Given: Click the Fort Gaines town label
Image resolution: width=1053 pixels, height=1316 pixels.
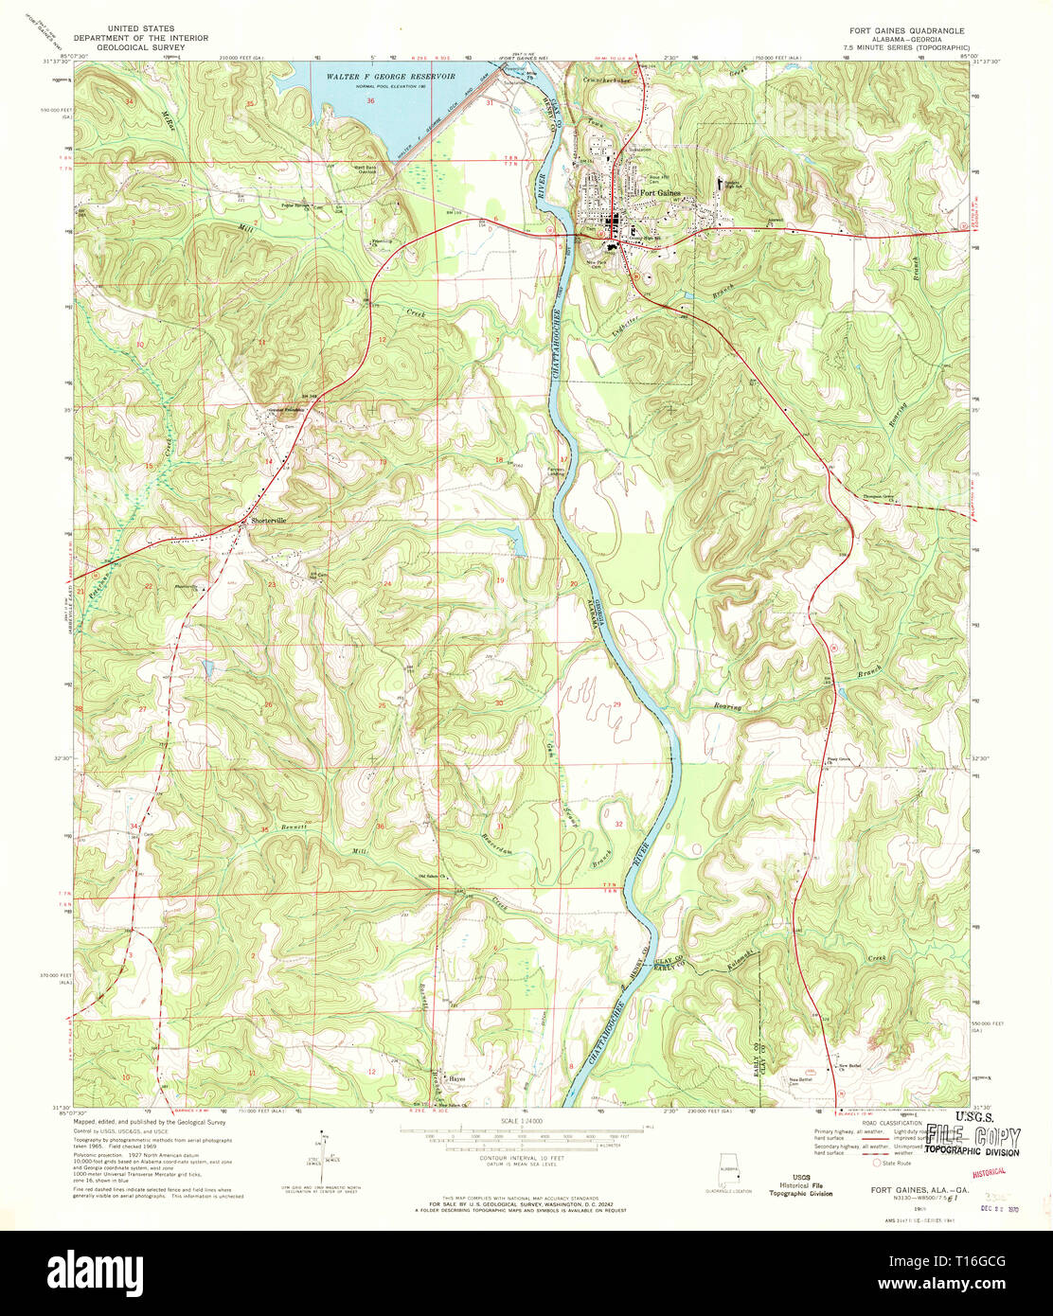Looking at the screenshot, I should [661, 194].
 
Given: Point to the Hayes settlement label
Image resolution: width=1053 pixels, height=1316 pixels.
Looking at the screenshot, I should [458, 1078].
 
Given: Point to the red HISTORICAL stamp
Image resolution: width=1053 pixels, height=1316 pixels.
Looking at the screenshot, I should [994, 1170].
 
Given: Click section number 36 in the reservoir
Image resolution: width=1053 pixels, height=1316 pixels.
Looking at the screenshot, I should [370, 100].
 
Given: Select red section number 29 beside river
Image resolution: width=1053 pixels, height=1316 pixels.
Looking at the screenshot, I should [616, 704].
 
